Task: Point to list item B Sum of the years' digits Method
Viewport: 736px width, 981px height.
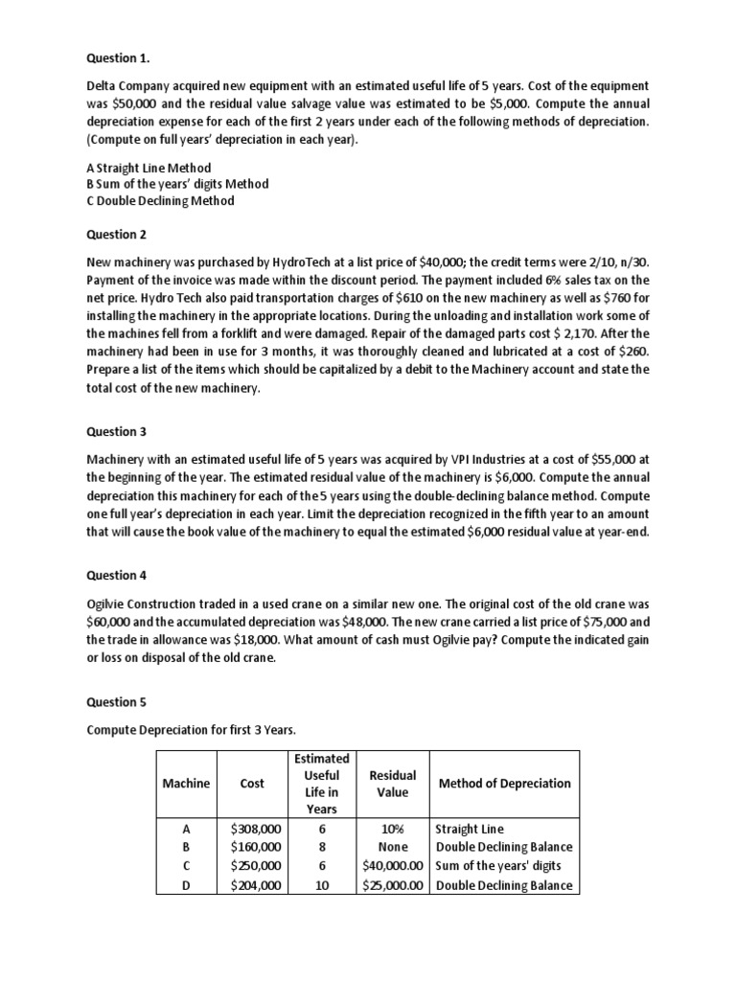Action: (x=177, y=183)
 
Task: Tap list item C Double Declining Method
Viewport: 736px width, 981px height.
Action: (x=159, y=200)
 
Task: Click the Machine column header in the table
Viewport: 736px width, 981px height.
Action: (x=186, y=783)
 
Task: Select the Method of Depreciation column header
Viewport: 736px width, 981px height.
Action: (x=504, y=783)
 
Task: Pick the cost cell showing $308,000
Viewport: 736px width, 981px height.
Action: (x=256, y=828)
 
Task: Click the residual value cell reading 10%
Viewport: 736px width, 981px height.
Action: (x=392, y=828)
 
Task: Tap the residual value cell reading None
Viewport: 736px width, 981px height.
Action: (x=392, y=847)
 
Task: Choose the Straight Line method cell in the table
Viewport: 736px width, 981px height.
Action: (x=470, y=828)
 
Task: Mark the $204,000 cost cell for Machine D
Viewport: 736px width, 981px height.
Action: (x=256, y=885)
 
